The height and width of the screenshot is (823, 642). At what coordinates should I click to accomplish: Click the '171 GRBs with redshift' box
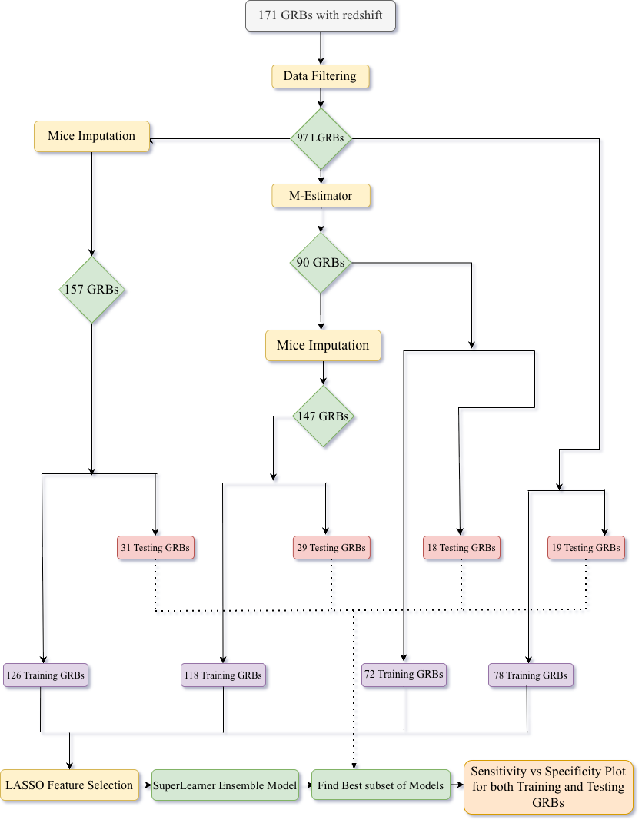tap(321, 15)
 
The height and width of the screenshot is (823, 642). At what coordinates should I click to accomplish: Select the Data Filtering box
tap(321, 76)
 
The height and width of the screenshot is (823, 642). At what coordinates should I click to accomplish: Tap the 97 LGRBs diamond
tap(321, 138)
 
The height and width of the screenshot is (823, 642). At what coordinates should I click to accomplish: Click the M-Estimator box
tap(321, 196)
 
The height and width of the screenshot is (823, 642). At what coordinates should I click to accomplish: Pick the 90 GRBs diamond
tap(321, 263)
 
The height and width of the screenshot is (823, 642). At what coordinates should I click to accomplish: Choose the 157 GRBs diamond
tap(92, 290)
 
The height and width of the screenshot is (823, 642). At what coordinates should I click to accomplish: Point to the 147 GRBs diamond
tap(323, 416)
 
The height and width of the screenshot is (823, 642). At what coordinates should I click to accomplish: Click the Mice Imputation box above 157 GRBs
tap(91, 136)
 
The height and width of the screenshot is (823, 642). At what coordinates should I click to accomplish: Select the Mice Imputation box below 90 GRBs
tap(323, 345)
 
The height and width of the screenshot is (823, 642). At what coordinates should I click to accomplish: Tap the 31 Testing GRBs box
tap(156, 548)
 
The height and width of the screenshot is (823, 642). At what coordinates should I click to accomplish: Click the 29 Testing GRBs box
tap(331, 548)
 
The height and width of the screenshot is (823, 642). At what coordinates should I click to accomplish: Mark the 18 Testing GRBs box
tap(461, 548)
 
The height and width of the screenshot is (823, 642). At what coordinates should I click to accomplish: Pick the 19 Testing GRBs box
tap(586, 548)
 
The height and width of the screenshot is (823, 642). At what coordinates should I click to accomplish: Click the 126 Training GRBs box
tap(45, 675)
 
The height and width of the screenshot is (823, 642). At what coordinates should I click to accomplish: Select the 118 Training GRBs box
tap(224, 675)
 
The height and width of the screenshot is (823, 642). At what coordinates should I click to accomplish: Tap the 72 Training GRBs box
tap(404, 675)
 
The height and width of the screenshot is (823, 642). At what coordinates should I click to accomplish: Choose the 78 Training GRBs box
tap(531, 675)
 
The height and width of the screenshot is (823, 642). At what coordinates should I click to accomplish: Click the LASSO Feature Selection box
tap(70, 785)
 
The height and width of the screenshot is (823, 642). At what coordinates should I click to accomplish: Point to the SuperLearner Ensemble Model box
tap(225, 785)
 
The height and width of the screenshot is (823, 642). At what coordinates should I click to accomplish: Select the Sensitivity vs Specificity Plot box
tap(548, 786)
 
